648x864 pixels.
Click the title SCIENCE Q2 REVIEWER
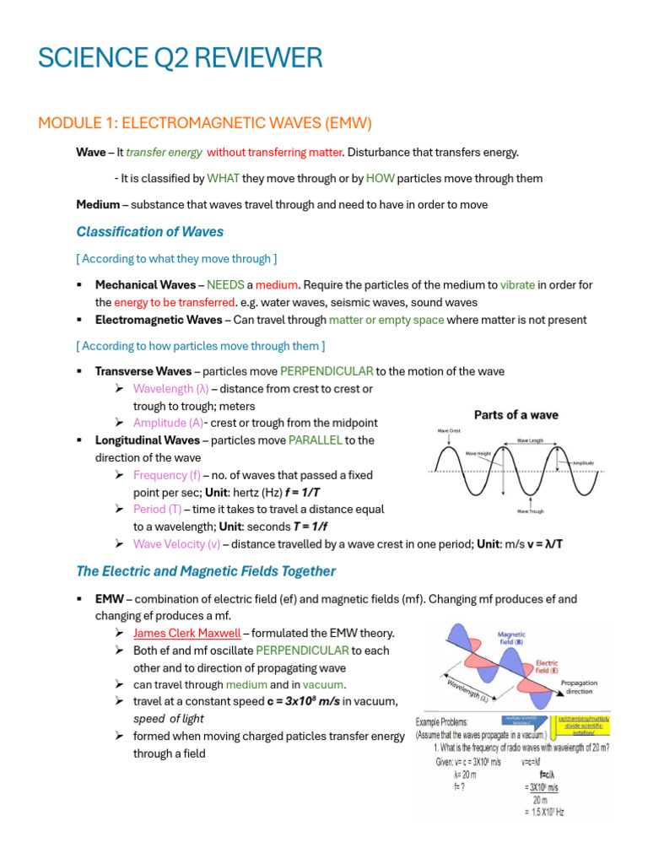pyautogui.click(x=180, y=58)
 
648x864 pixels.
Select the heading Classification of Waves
pyautogui.click(x=149, y=231)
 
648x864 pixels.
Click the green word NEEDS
pyautogui.click(x=225, y=284)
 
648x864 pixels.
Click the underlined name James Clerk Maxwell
pyautogui.click(x=186, y=633)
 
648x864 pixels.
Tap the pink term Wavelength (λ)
pyautogui.click(x=170, y=389)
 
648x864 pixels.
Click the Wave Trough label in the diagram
pyautogui.click(x=530, y=510)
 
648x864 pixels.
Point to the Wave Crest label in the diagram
pyautogui.click(x=448, y=431)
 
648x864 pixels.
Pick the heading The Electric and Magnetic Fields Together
pyautogui.click(x=206, y=571)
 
